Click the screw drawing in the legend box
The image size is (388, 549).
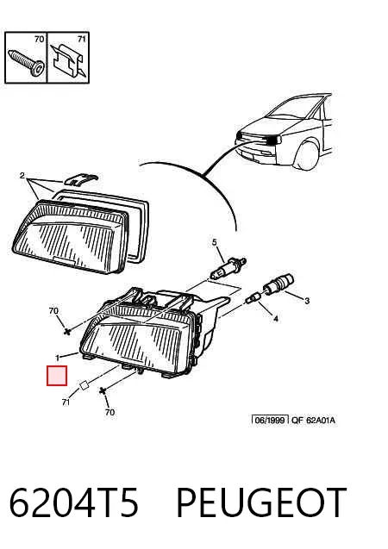[x=27, y=62]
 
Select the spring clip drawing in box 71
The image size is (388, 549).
[x=68, y=59]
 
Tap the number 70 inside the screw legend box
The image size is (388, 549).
[x=39, y=39]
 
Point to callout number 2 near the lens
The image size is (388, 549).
[x=22, y=175]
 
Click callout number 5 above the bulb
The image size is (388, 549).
[x=215, y=242]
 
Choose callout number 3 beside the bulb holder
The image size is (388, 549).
[x=307, y=301]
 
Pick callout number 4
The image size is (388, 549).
[x=276, y=319]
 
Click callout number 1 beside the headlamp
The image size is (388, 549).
[x=58, y=358]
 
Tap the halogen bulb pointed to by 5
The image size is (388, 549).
[x=228, y=267]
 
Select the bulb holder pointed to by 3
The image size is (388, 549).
[x=278, y=284]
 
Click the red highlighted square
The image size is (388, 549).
[x=57, y=376]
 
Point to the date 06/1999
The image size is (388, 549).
[x=270, y=420]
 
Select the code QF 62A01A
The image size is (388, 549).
[x=313, y=420]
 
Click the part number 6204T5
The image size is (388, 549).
[x=74, y=502]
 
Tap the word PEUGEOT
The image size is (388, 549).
[x=261, y=502]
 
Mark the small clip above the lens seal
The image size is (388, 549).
[x=81, y=179]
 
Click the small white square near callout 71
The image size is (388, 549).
[x=84, y=386]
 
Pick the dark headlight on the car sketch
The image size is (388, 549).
[x=273, y=140]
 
